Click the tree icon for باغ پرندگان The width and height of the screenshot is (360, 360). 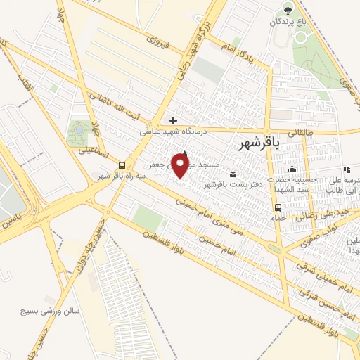click(287, 9)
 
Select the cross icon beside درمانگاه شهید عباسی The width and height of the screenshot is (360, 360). click(173, 120)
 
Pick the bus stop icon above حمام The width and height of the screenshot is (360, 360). click(278, 207)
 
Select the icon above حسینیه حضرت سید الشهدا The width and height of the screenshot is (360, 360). click(292, 169)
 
